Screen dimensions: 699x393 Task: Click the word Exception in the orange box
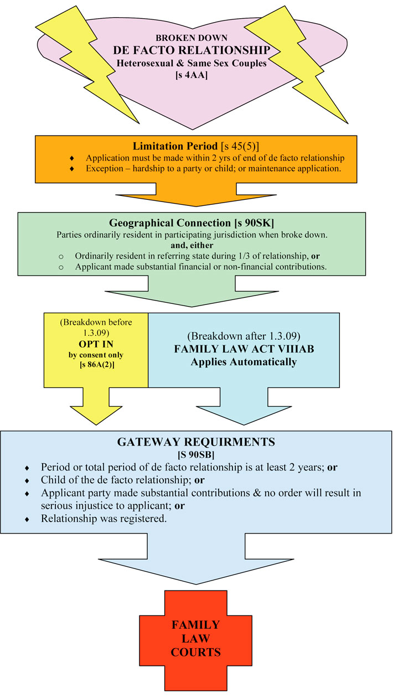(105, 168)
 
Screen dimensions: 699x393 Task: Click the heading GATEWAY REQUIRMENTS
(196, 443)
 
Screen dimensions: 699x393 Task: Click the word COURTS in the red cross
(195, 652)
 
